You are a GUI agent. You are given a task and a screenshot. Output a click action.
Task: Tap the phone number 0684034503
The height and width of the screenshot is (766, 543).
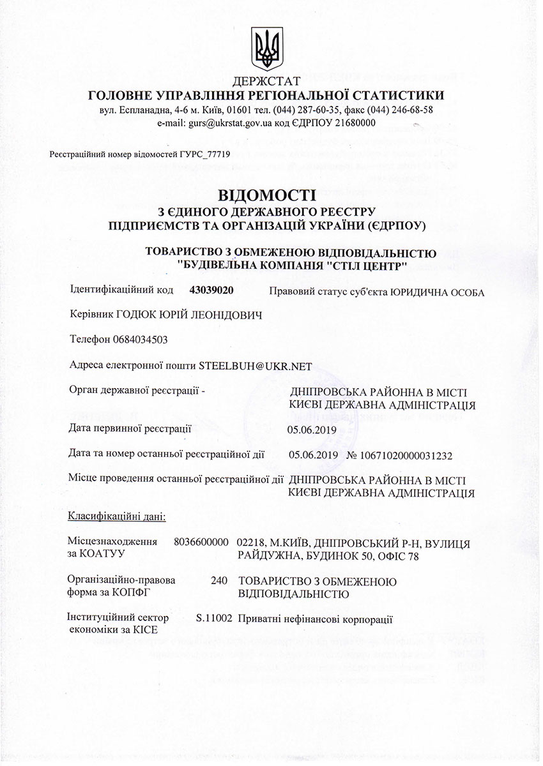(x=140, y=339)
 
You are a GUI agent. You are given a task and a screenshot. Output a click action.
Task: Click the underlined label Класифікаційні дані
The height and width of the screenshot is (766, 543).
(x=116, y=516)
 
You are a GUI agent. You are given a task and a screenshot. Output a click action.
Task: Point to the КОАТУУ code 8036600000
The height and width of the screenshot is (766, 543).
(x=201, y=543)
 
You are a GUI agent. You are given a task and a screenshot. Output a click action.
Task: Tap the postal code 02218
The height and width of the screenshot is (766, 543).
(x=249, y=543)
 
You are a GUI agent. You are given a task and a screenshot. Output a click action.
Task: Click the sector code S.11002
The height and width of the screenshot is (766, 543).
(x=214, y=619)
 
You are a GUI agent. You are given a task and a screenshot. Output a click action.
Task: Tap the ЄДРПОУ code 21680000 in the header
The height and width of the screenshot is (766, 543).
(x=355, y=123)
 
